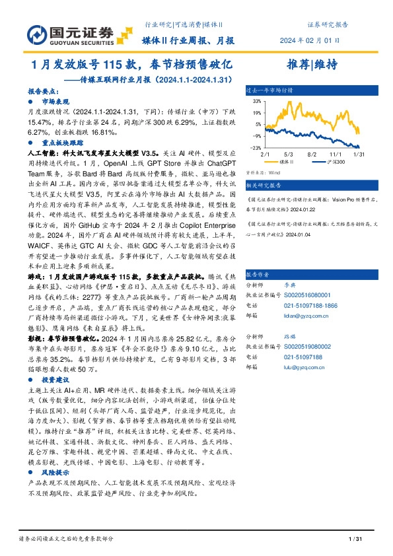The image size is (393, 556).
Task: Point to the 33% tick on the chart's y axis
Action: [x=256, y=102]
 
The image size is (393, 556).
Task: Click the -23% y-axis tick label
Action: [x=256, y=148]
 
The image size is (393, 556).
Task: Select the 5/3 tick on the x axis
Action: [x=289, y=153]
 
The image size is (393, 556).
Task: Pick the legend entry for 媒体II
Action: [x=285, y=161]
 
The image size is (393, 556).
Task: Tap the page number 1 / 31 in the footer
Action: [x=351, y=540]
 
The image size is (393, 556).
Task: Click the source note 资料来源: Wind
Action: [x=260, y=172]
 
